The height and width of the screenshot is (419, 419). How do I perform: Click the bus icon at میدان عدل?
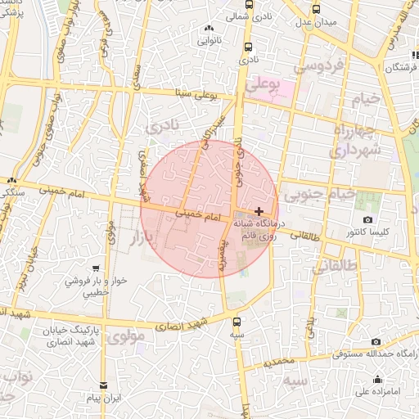tap(317, 9)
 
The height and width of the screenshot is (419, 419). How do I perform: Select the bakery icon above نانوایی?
tap(205, 29)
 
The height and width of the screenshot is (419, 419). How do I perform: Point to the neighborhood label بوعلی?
tap(264, 83)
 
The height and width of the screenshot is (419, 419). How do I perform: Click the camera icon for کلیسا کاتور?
tap(368, 220)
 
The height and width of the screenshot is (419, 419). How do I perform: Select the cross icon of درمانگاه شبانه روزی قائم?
tap(259, 211)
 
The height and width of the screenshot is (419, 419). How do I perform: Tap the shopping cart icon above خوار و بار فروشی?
tap(97, 268)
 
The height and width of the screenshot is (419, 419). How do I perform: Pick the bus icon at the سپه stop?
tap(237, 322)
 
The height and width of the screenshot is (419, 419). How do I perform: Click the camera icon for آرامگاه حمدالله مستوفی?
tap(376, 342)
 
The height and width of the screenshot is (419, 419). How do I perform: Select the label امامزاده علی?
tap(377, 391)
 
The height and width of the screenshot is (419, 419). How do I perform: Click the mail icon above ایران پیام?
tap(103, 385)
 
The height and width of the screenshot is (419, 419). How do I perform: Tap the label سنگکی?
tap(11, 191)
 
